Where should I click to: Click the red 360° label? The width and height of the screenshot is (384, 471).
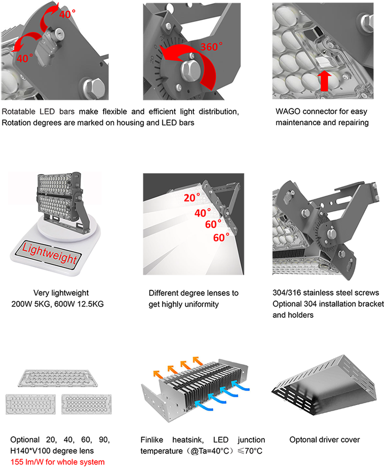pyautogui.click(x=211, y=47)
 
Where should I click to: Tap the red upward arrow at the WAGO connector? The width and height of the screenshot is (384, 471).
pyautogui.click(x=324, y=80)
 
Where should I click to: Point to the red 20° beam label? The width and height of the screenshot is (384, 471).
pyautogui.click(x=192, y=198)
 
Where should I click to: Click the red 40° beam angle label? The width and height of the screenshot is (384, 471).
pyautogui.click(x=203, y=213)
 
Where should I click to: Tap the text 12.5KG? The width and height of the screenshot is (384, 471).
pyautogui.click(x=91, y=304)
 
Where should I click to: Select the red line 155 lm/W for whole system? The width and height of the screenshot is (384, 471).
pyautogui.click(x=58, y=462)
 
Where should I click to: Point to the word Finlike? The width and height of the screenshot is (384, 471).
pyautogui.click(x=152, y=440)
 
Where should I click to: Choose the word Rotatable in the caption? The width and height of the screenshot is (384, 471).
pyautogui.click(x=19, y=112)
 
